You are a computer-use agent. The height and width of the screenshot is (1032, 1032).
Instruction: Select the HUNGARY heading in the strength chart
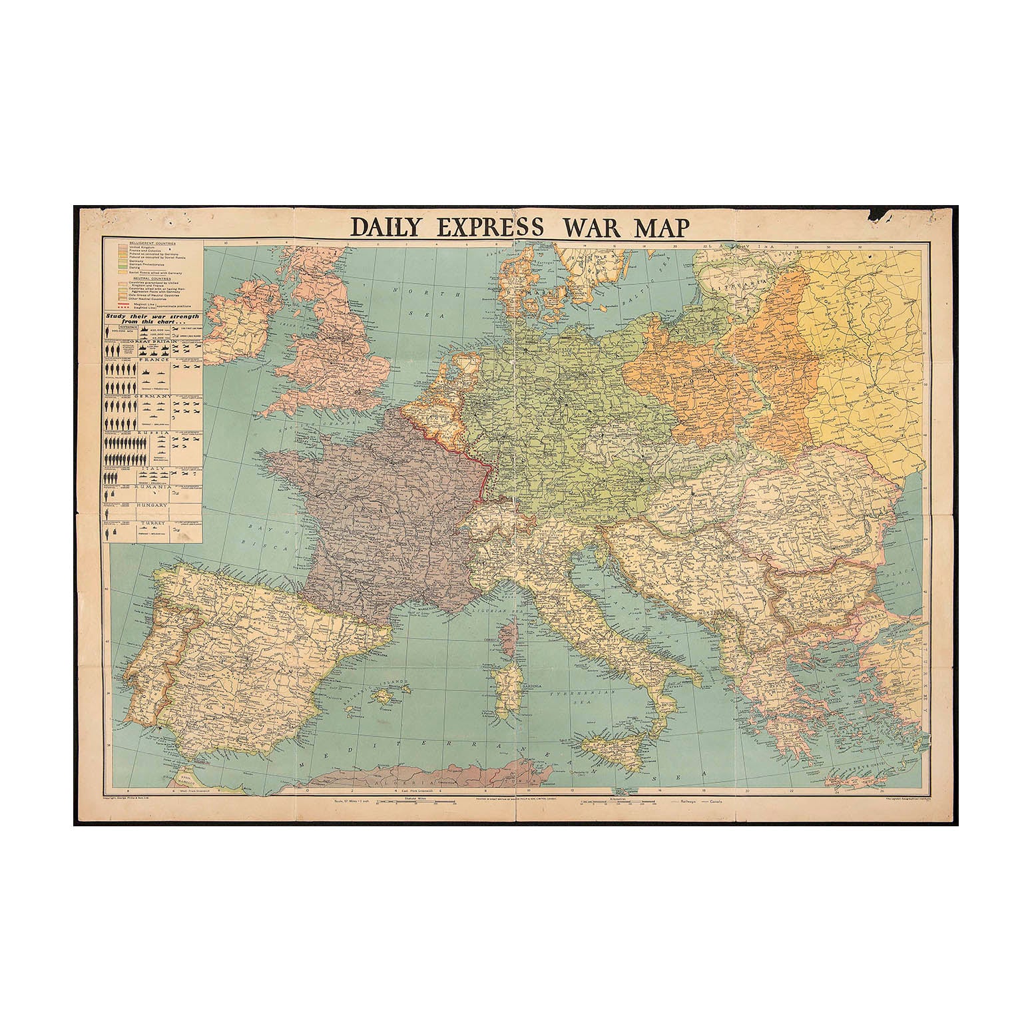[x=151, y=505]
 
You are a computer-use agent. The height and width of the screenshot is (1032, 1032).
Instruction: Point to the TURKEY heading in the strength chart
[x=151, y=525]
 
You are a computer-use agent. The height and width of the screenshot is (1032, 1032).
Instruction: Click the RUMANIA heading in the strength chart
[x=152, y=487]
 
